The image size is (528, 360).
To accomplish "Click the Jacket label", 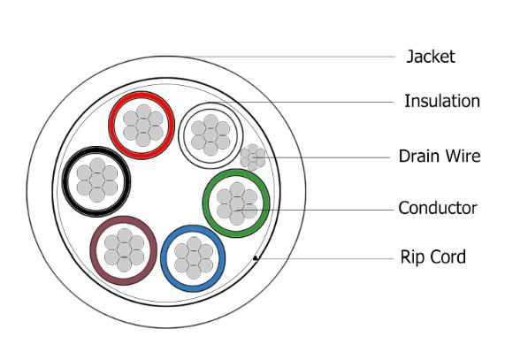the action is click(431, 57).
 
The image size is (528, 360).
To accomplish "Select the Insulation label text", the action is click(442, 101).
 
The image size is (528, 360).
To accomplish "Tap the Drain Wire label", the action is click(440, 156).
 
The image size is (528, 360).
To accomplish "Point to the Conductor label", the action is click(438, 208).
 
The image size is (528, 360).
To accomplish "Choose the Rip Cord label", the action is click(433, 257).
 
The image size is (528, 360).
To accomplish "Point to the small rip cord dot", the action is click(256, 258).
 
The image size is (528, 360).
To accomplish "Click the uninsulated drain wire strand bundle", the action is click(253, 157).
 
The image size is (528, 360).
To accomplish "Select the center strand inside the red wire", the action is click(142, 126).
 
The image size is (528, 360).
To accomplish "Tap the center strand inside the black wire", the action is click(97, 180).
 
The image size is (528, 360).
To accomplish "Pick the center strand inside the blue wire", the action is click(194, 258).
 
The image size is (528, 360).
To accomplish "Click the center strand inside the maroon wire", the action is click(124, 250).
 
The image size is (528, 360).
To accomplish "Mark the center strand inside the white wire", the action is click(210, 135).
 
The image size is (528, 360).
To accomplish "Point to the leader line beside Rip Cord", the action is click(325, 259).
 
